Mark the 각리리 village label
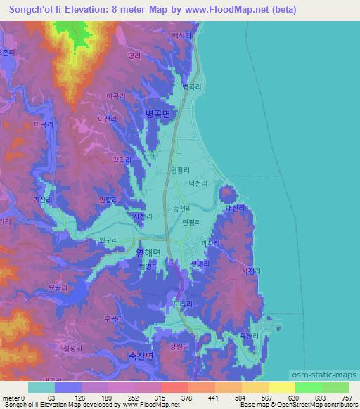pos(122,160)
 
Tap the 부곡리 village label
pos(113,318)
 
